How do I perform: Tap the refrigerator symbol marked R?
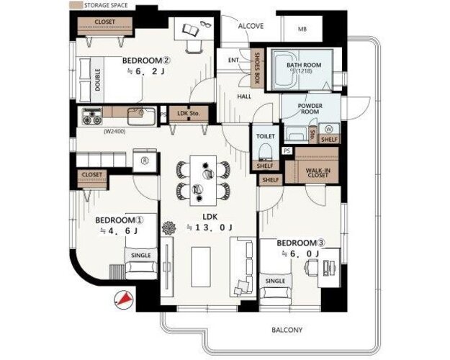(145, 161)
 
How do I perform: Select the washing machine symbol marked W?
(329, 129)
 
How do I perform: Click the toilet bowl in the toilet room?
(265, 152)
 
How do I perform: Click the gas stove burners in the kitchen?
(92, 116)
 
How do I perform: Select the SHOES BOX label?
(257, 68)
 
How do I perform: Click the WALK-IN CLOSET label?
(318, 173)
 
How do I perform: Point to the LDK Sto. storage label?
(188, 113)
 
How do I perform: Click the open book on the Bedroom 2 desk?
(191, 30)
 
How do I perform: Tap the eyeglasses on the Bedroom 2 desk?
(205, 24)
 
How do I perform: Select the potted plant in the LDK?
(168, 228)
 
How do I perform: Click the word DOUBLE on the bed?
(98, 79)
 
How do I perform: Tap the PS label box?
(287, 150)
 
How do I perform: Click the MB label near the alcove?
(302, 29)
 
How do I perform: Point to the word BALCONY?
(287, 330)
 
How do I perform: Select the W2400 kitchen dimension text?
(114, 132)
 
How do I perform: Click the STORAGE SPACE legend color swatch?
(76, 5)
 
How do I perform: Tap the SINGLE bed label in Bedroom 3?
(275, 281)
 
